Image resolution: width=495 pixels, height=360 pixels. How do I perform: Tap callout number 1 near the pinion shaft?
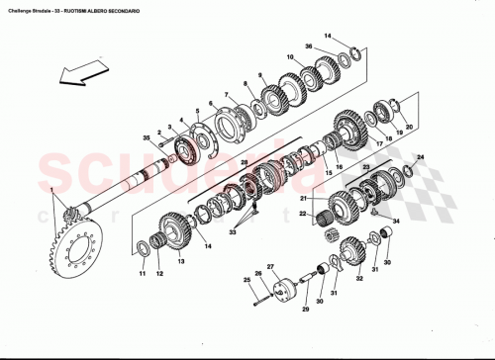click(51, 188)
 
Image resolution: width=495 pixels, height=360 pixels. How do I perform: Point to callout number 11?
click(142, 274)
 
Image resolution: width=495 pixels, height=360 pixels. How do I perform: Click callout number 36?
click(308, 46)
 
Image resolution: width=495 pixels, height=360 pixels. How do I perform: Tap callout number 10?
click(291, 57)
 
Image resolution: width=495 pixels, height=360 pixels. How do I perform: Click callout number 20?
click(409, 126)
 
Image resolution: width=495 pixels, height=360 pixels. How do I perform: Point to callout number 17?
click(378, 144)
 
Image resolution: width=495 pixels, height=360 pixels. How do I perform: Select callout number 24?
click(420, 158)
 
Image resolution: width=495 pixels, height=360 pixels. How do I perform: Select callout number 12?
click(158, 274)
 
